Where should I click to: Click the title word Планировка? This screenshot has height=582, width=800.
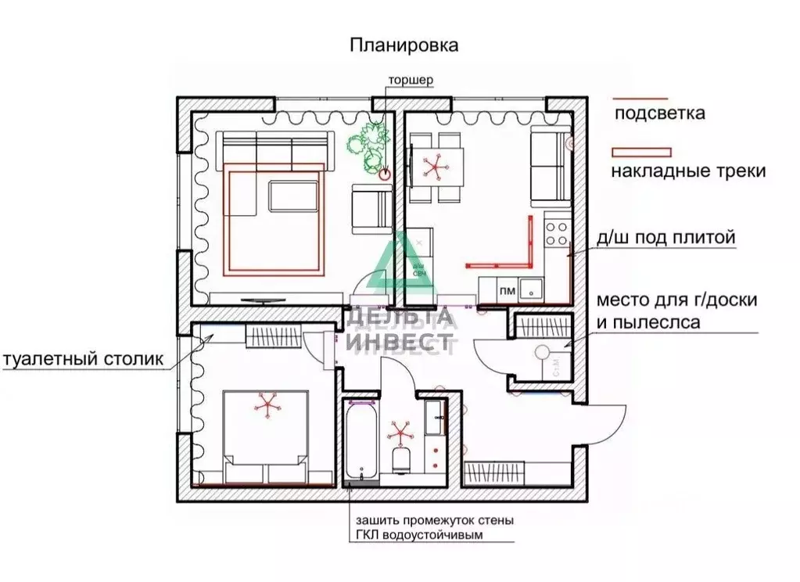(x=403, y=45)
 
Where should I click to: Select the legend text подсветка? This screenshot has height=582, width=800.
(x=659, y=113)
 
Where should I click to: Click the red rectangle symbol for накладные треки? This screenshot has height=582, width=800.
(x=641, y=151)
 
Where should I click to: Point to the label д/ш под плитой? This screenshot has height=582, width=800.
(x=665, y=237)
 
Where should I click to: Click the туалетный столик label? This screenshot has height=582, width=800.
(x=84, y=360)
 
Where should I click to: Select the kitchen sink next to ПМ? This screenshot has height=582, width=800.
(x=531, y=290)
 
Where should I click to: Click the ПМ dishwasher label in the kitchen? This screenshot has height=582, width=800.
(x=507, y=291)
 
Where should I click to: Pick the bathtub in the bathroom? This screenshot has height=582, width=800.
(x=361, y=442)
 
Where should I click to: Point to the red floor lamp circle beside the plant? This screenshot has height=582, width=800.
(x=383, y=176)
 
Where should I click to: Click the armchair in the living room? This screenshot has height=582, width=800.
(x=371, y=209)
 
